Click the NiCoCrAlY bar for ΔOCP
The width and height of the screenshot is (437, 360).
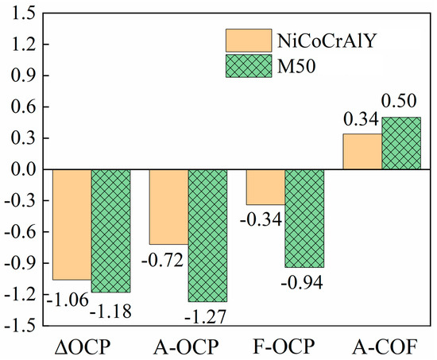coord(72,224)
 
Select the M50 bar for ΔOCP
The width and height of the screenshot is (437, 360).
coord(110,230)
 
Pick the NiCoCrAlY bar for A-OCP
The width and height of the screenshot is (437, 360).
coord(168,207)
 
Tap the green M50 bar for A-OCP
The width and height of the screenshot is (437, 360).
coord(207,235)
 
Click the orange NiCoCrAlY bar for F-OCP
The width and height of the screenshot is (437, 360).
coord(265,187)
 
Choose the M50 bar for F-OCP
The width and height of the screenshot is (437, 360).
coord(304,218)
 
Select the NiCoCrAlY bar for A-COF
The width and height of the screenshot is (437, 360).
coord(362,152)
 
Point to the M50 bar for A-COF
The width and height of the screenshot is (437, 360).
coord(401,143)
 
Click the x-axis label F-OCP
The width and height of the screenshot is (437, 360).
coord(284,347)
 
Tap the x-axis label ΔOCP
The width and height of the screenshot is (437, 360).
coord(91,347)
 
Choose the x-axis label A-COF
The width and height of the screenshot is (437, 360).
coord(381,347)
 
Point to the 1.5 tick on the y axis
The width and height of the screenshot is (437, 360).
coord(22,14)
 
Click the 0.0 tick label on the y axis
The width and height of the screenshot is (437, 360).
coord(22,169)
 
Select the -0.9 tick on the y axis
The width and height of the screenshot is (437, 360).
coord(20,263)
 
